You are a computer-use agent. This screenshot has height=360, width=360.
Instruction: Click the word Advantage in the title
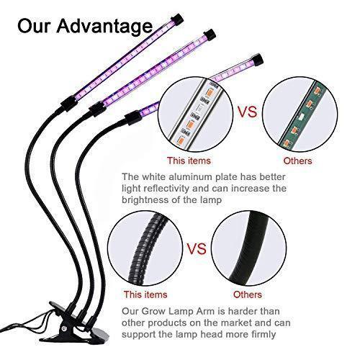tap(104, 27)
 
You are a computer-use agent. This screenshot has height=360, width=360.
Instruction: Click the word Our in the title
tap(35, 26)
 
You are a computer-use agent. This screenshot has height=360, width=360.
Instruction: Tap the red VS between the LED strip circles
tap(247, 112)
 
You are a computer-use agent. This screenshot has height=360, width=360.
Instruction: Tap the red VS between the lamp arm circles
tap(197, 248)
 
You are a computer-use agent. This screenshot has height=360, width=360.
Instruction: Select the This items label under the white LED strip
tap(189, 161)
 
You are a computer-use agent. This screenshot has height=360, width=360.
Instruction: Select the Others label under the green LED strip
tap(297, 161)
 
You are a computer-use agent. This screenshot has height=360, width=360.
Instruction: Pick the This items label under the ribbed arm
tap(145, 294)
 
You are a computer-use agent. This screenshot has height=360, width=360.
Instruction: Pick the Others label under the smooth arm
tap(248, 294)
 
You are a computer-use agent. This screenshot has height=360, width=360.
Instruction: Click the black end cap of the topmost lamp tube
tap(178, 20)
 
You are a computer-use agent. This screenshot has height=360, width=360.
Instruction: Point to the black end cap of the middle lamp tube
tap(210, 35)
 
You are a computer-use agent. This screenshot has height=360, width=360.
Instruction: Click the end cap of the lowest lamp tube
tap(257, 60)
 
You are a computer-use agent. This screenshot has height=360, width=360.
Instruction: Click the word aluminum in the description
tap(190, 177)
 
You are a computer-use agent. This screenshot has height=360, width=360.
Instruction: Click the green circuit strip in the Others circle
tap(302, 114)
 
